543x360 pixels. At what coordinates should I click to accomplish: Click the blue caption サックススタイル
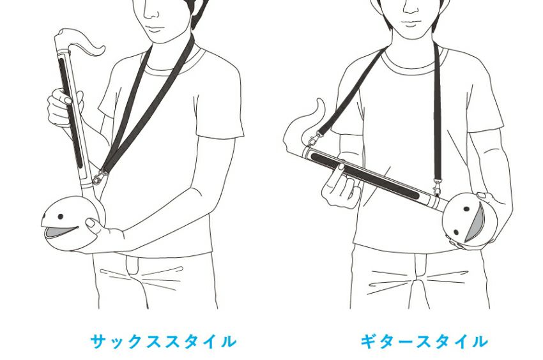(x=163, y=341)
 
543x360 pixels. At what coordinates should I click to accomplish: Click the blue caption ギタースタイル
(x=425, y=341)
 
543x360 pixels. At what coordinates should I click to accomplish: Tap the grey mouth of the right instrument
(x=475, y=222)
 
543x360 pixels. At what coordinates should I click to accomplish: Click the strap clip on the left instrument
(x=98, y=177)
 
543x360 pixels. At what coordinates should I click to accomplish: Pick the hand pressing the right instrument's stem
(x=341, y=187)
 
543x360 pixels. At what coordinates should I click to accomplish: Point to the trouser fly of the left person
(x=133, y=267)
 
